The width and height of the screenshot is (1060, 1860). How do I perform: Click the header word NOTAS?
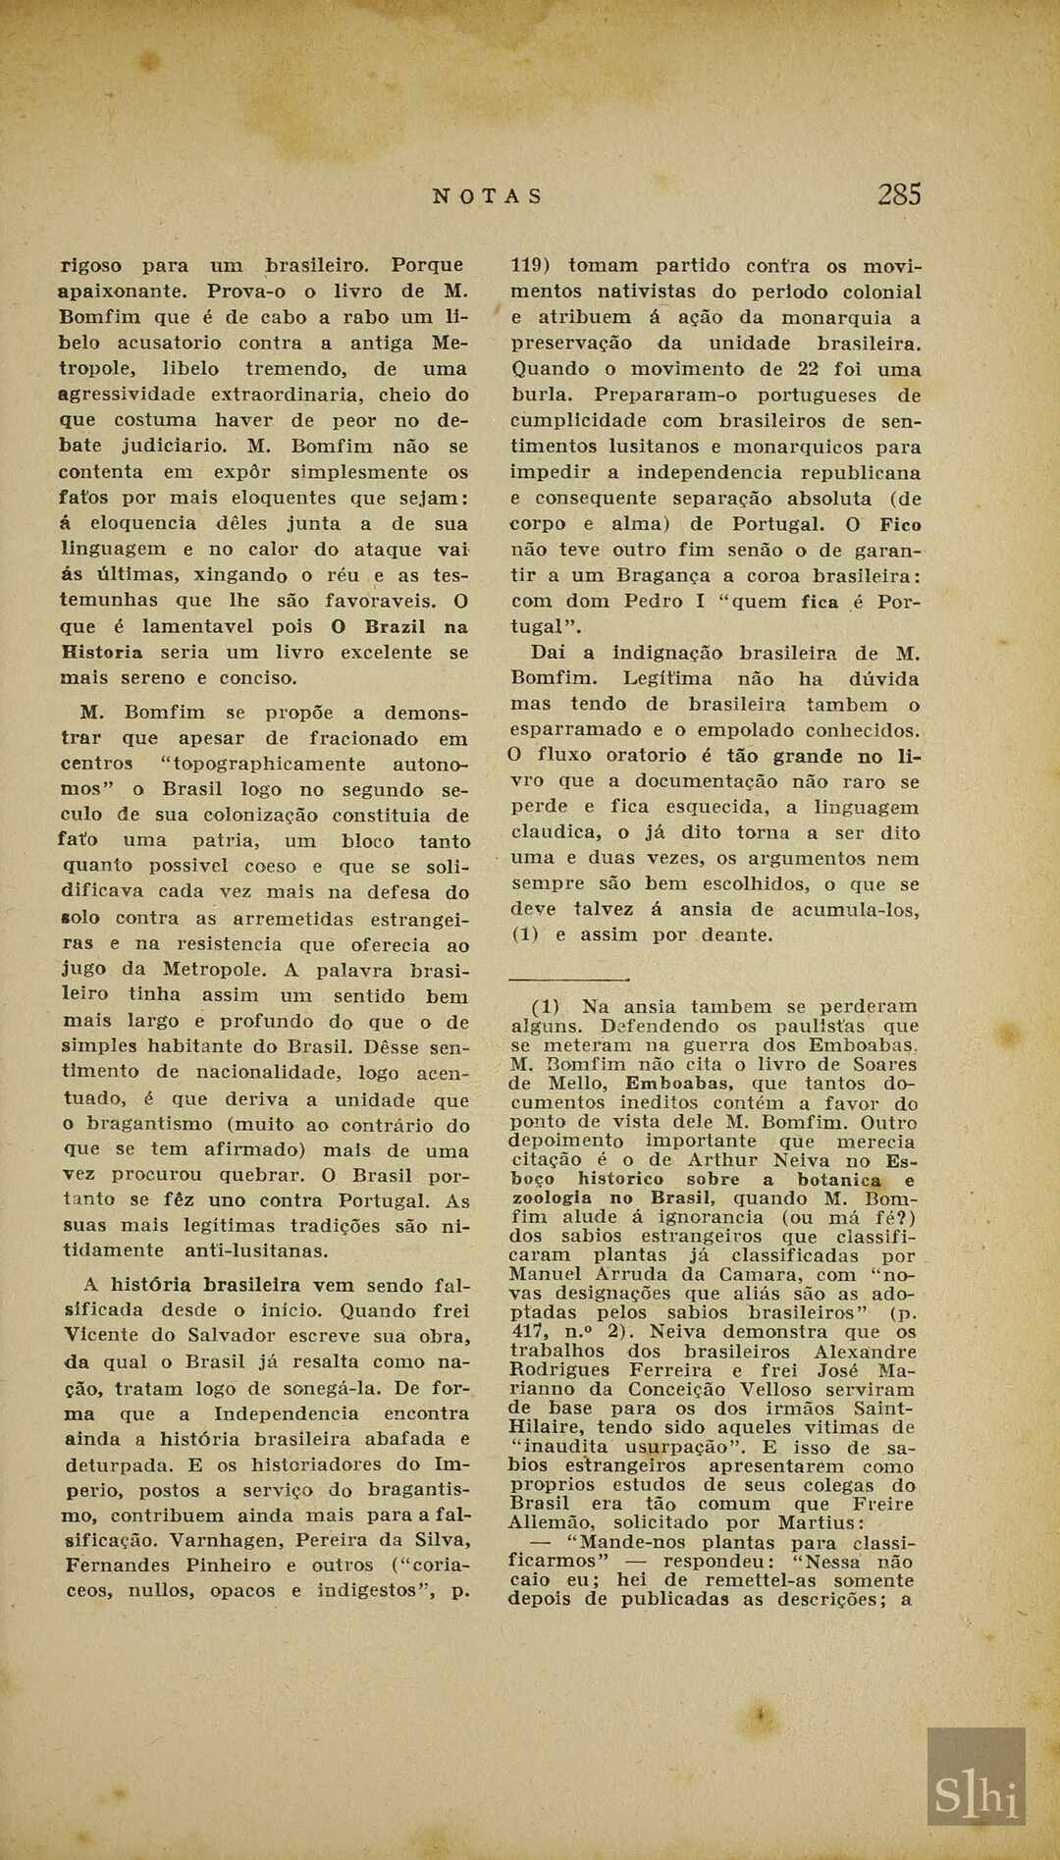(x=487, y=195)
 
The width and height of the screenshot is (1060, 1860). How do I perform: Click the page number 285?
(x=899, y=194)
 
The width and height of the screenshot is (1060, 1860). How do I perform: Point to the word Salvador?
(x=226, y=1335)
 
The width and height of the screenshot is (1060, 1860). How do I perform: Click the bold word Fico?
(x=900, y=524)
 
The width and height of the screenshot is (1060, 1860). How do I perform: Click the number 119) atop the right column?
(x=531, y=265)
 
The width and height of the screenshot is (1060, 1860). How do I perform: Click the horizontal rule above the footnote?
(x=569, y=979)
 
